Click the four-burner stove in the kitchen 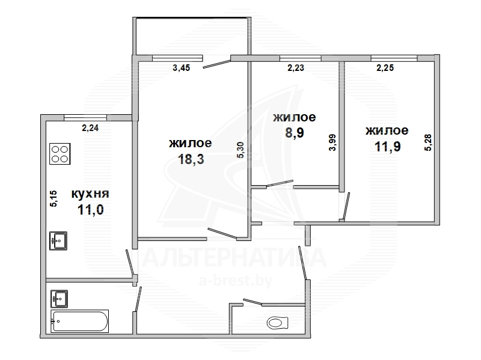pos(60,154)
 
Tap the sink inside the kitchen pos(58,241)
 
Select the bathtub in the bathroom pos(80,321)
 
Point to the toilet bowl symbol pos(278,322)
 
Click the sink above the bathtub pos(59,299)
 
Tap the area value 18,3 pos(191,159)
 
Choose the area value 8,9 pos(294,133)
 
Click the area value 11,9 pos(388,147)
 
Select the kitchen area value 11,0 pos(91,210)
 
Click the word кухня pos(90,194)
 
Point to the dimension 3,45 pos(182,68)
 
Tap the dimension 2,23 pos(296,68)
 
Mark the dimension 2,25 pos(385,68)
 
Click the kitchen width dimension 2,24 pos(90,128)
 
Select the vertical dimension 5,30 pos(240,150)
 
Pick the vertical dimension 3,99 pos(332,142)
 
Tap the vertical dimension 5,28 pos(428,142)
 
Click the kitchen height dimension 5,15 pos(54,199)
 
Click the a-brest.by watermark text pos(236,281)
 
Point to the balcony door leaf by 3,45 pos(216,64)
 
